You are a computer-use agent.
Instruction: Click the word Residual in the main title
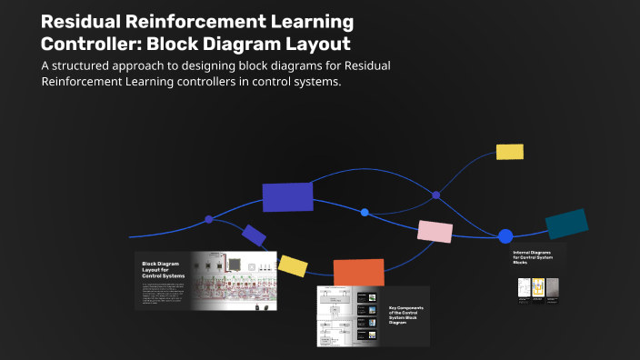85,21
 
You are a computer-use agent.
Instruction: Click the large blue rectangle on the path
287,197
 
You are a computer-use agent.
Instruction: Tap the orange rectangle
358,273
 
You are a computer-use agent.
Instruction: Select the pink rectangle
435,232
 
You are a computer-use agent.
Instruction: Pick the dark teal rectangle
566,224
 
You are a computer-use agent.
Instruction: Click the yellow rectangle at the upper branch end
509,152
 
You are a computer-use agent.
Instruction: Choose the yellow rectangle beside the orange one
293,265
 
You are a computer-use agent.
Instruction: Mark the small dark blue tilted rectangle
254,235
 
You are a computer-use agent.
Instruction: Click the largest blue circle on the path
505,236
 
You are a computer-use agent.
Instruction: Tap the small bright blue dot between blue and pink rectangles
365,212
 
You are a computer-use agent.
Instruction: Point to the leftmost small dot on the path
209,219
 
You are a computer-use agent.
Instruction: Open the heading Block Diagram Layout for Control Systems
164,270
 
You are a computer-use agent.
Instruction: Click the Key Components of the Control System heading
405,315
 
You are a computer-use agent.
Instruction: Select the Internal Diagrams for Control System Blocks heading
533,256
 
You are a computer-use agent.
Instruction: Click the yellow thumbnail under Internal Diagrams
537,287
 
